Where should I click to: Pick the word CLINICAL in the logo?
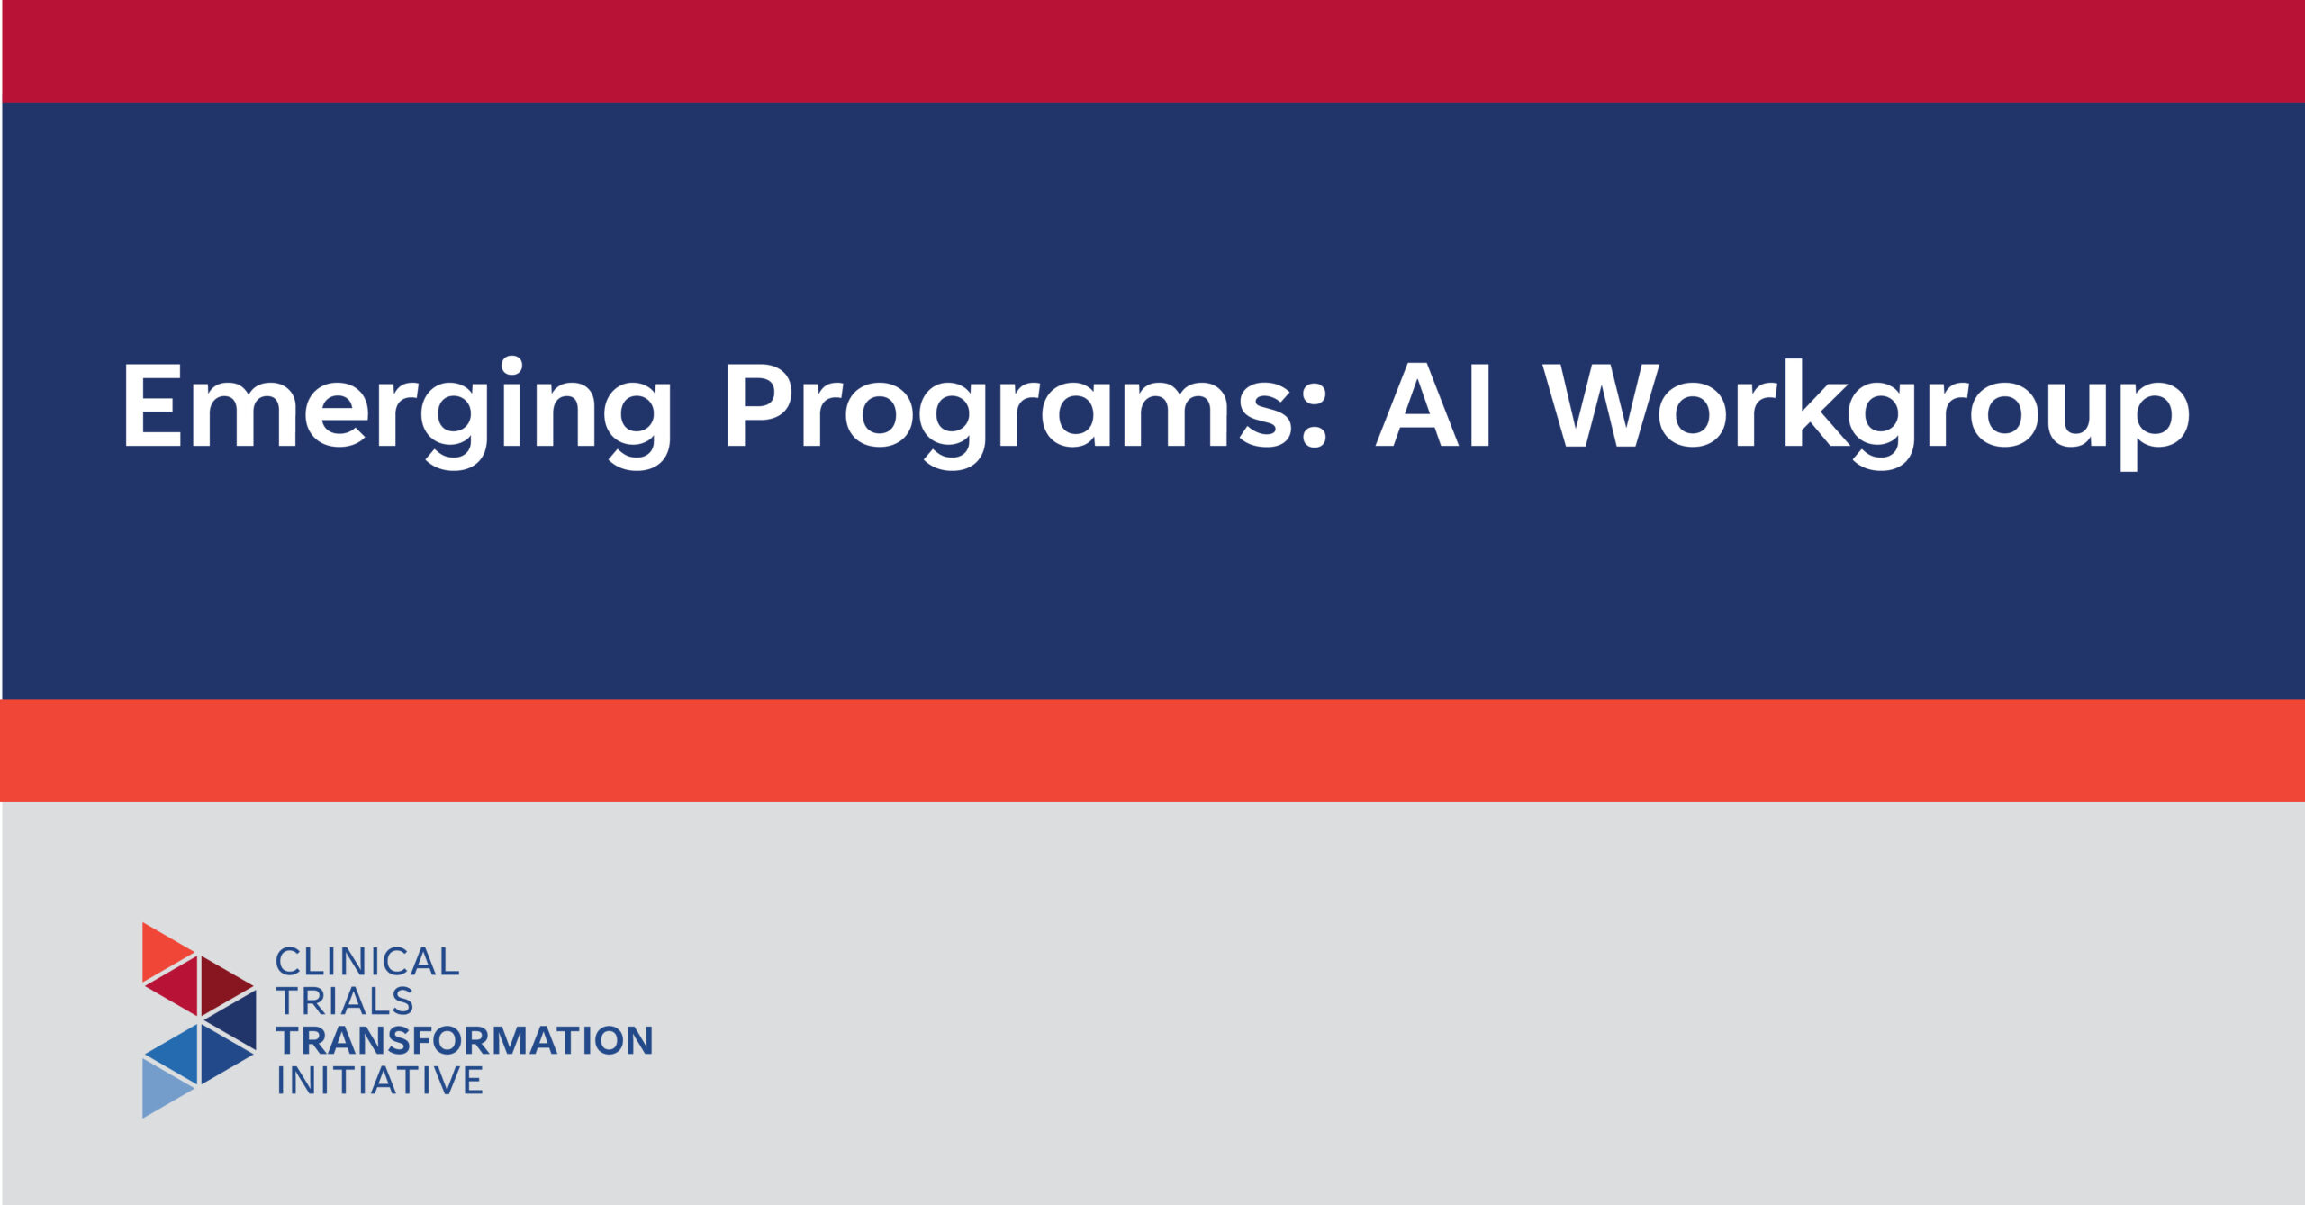click(367, 963)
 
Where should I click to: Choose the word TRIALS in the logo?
click(345, 1001)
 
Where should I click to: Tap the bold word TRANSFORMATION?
click(464, 1041)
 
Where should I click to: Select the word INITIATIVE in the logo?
click(380, 1081)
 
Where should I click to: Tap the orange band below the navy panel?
click(1152, 750)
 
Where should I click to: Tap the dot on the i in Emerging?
click(512, 367)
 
